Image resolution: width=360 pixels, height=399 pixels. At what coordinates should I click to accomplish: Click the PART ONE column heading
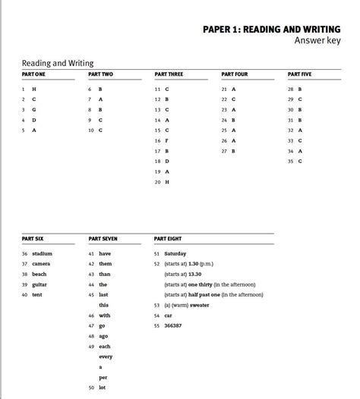[33, 74]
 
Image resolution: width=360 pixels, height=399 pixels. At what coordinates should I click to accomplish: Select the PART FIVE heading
[299, 74]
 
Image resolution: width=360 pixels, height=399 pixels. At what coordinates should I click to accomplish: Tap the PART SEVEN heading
[103, 239]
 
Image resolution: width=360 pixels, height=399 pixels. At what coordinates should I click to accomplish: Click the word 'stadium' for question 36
[42, 253]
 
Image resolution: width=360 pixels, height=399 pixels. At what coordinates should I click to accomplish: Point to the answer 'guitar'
[39, 284]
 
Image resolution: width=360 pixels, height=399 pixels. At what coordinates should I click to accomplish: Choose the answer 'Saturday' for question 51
[175, 253]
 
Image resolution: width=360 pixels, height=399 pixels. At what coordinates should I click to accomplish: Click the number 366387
[172, 325]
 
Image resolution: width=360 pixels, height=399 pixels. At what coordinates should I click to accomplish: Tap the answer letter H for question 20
[167, 182]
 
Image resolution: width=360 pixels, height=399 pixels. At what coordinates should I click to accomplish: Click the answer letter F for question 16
[167, 140]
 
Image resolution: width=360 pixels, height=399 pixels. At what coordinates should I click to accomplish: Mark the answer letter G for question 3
[33, 110]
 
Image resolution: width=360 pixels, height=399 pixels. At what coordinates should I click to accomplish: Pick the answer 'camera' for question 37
[41, 263]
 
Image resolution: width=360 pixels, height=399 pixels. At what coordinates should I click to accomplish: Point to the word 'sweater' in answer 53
[199, 305]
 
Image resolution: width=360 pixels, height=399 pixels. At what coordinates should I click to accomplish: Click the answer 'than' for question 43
[105, 274]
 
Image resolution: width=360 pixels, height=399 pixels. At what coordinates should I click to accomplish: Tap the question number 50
[91, 388]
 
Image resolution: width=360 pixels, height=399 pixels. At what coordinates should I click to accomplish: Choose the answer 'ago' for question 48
[104, 335]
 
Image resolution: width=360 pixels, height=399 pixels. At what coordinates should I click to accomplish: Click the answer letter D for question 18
[167, 162]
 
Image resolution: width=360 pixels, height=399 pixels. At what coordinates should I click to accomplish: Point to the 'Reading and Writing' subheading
[58, 64]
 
